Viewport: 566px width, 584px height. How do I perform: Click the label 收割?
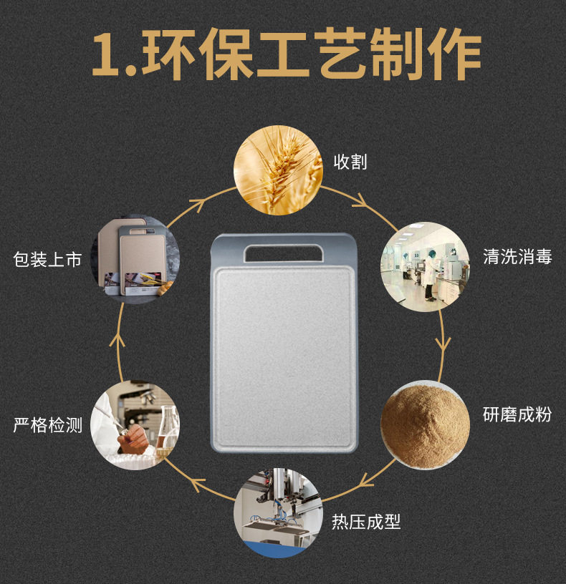tap(350, 162)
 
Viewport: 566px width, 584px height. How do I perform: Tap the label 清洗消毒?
tap(517, 257)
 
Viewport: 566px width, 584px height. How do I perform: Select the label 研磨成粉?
tap(517, 414)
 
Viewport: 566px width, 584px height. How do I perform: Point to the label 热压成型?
tap(365, 522)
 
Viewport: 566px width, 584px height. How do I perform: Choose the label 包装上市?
tap(48, 259)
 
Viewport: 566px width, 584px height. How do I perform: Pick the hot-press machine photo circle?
tap(278, 514)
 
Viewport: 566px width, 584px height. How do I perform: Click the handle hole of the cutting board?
tap(283, 252)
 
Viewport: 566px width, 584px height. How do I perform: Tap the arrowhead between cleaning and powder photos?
tap(443, 342)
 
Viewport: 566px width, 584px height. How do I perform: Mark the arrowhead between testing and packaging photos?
tap(120, 336)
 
